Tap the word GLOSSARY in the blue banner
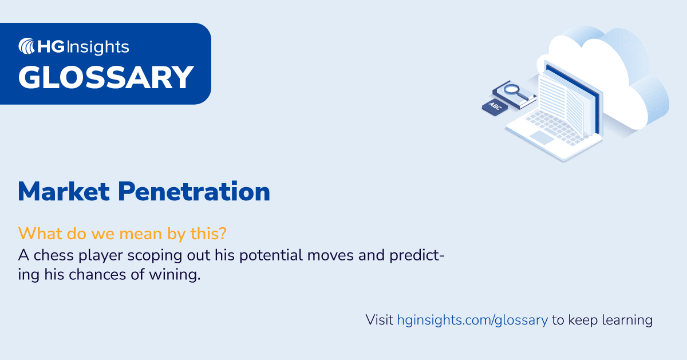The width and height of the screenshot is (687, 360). (x=106, y=77)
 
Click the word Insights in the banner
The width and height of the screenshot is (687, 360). (x=99, y=47)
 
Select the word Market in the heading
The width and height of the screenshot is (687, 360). (x=64, y=192)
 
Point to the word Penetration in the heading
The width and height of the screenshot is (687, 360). (x=194, y=192)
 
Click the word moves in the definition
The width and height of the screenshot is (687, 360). (x=323, y=255)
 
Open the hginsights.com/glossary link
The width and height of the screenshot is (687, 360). (x=472, y=320)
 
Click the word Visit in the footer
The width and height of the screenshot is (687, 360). (x=380, y=320)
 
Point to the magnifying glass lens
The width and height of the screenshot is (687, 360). (x=511, y=89)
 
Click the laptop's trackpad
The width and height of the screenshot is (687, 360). (x=542, y=137)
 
